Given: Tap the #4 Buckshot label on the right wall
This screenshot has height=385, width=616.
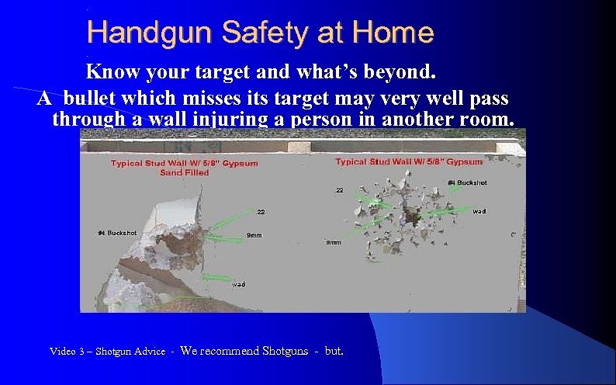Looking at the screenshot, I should pyautogui.click(x=467, y=182).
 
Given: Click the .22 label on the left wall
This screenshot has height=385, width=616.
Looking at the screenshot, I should pyautogui.click(x=261, y=211).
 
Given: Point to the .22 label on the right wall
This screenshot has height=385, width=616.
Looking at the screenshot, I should pyautogui.click(x=339, y=190).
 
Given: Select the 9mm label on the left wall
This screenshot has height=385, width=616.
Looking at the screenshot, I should pyautogui.click(x=253, y=235).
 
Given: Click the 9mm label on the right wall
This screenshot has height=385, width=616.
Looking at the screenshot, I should pyautogui.click(x=334, y=242).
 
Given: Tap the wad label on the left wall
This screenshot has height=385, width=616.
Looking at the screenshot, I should pyautogui.click(x=240, y=284).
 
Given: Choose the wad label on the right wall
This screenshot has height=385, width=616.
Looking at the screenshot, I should pyautogui.click(x=479, y=211).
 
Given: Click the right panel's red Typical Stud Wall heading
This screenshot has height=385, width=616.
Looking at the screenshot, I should pyautogui.click(x=408, y=161).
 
